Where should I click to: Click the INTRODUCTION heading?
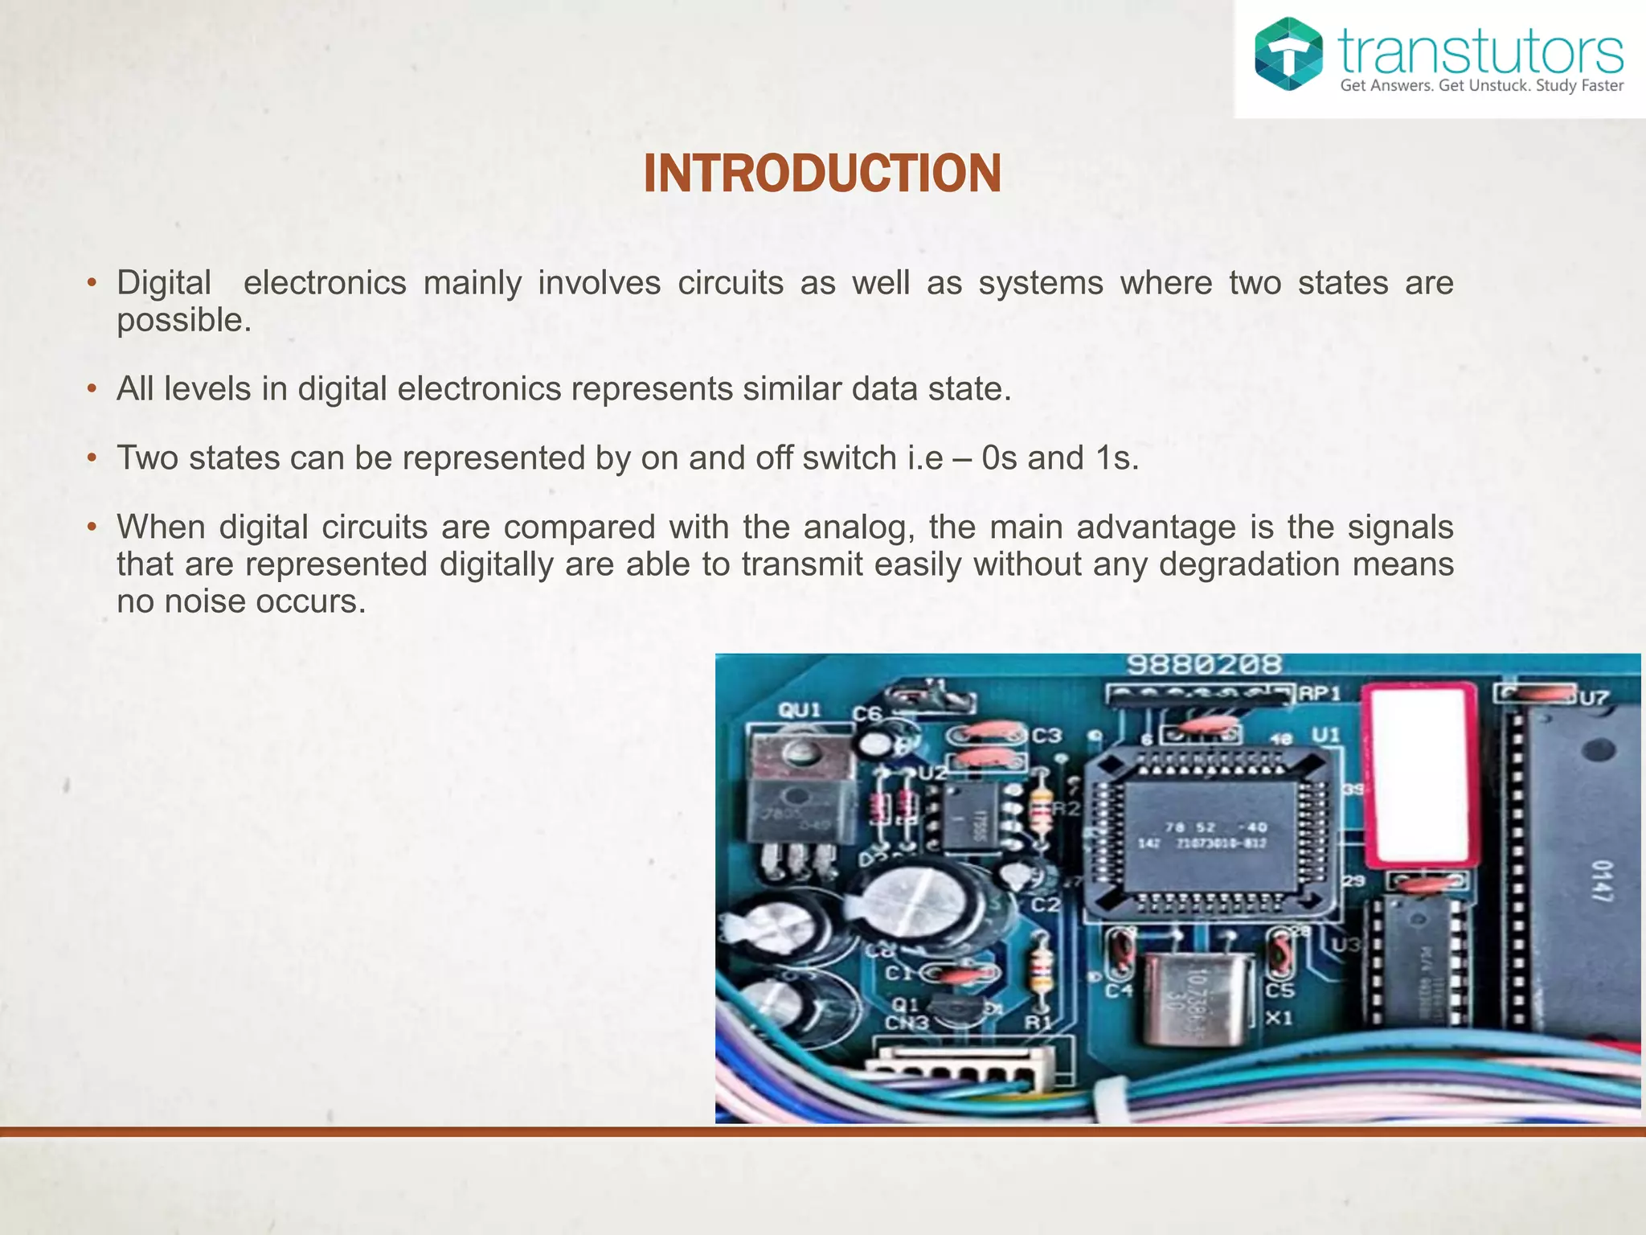(822, 174)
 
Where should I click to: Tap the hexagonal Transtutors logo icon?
(1288, 54)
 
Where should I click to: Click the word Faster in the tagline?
(1603, 86)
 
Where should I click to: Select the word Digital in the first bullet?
(164, 283)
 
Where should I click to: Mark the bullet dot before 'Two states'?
(92, 458)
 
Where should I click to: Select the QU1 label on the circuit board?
(800, 710)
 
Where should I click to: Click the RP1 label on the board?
(1320, 693)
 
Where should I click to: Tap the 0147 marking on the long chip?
(1601, 880)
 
